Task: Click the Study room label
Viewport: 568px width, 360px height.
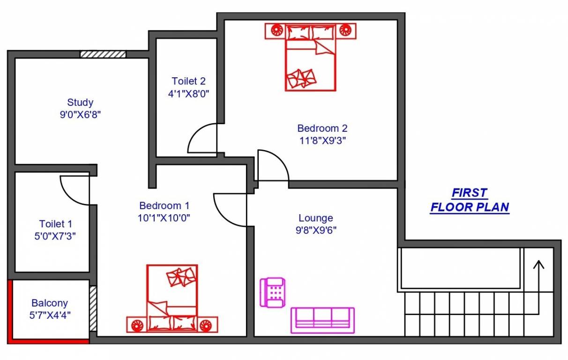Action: pyautogui.click(x=80, y=102)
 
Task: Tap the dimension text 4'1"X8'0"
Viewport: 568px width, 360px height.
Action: pyautogui.click(x=188, y=93)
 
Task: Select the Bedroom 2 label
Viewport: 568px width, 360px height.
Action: pyautogui.click(x=322, y=128)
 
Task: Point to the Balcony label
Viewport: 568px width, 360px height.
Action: pyautogui.click(x=50, y=303)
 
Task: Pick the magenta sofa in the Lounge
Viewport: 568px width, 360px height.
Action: pyautogui.click(x=322, y=320)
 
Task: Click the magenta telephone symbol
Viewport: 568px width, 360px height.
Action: pyautogui.click(x=273, y=292)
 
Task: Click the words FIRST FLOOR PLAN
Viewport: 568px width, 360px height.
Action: pyautogui.click(x=470, y=200)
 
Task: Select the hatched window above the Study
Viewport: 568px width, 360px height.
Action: pyautogui.click(x=103, y=54)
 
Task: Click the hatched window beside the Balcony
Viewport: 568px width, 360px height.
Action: pyautogui.click(x=93, y=308)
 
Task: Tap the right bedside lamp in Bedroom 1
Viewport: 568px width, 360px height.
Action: pyautogui.click(x=205, y=324)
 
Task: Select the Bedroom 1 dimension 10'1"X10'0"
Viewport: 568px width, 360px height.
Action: pyautogui.click(x=164, y=218)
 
